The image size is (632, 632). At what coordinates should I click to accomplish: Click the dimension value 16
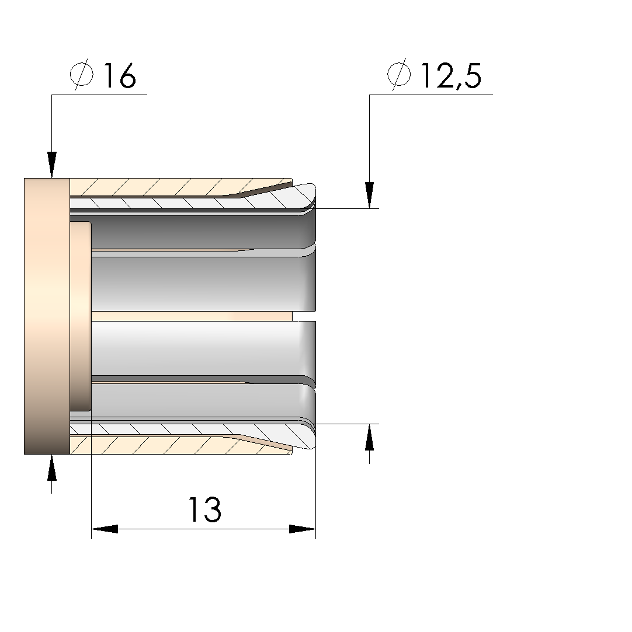120,75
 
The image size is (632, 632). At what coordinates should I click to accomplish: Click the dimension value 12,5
451,76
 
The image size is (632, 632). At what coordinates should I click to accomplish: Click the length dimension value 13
205,509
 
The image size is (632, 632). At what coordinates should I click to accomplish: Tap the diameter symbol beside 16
82,75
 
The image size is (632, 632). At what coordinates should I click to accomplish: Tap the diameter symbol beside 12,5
400,75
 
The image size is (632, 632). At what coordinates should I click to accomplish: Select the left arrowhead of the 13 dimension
105,529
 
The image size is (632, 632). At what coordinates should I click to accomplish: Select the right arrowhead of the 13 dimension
303,529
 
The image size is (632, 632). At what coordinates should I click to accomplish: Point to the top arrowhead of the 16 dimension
51,165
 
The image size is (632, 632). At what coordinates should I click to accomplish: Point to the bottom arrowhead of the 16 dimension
51,467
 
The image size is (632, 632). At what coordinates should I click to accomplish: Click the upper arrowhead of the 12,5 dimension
369,195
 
